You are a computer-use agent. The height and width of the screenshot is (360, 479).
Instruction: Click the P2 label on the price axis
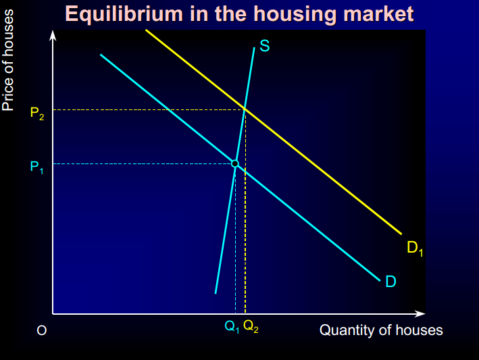[x=37, y=113]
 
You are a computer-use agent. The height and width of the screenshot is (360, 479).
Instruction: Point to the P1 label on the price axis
[x=37, y=168]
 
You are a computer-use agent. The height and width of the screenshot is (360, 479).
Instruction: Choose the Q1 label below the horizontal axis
[x=232, y=328]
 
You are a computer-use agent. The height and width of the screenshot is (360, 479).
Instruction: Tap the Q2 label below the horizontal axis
[x=250, y=328]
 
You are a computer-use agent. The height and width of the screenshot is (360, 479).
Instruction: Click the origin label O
[x=42, y=331]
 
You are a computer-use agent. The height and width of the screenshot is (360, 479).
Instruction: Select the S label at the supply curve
[x=265, y=47]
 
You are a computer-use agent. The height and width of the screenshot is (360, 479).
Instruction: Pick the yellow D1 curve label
[x=415, y=249]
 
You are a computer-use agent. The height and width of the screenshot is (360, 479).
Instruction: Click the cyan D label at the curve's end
[x=390, y=281]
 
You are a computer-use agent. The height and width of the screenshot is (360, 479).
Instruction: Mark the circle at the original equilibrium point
[x=235, y=163]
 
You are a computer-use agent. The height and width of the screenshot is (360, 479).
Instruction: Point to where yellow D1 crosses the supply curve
[x=245, y=109]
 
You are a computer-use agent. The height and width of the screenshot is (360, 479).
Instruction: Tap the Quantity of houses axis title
[x=381, y=330]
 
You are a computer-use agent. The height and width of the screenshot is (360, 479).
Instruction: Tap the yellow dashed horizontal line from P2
[x=142, y=109]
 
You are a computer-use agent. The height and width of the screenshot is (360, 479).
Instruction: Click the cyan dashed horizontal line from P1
[x=135, y=163]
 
